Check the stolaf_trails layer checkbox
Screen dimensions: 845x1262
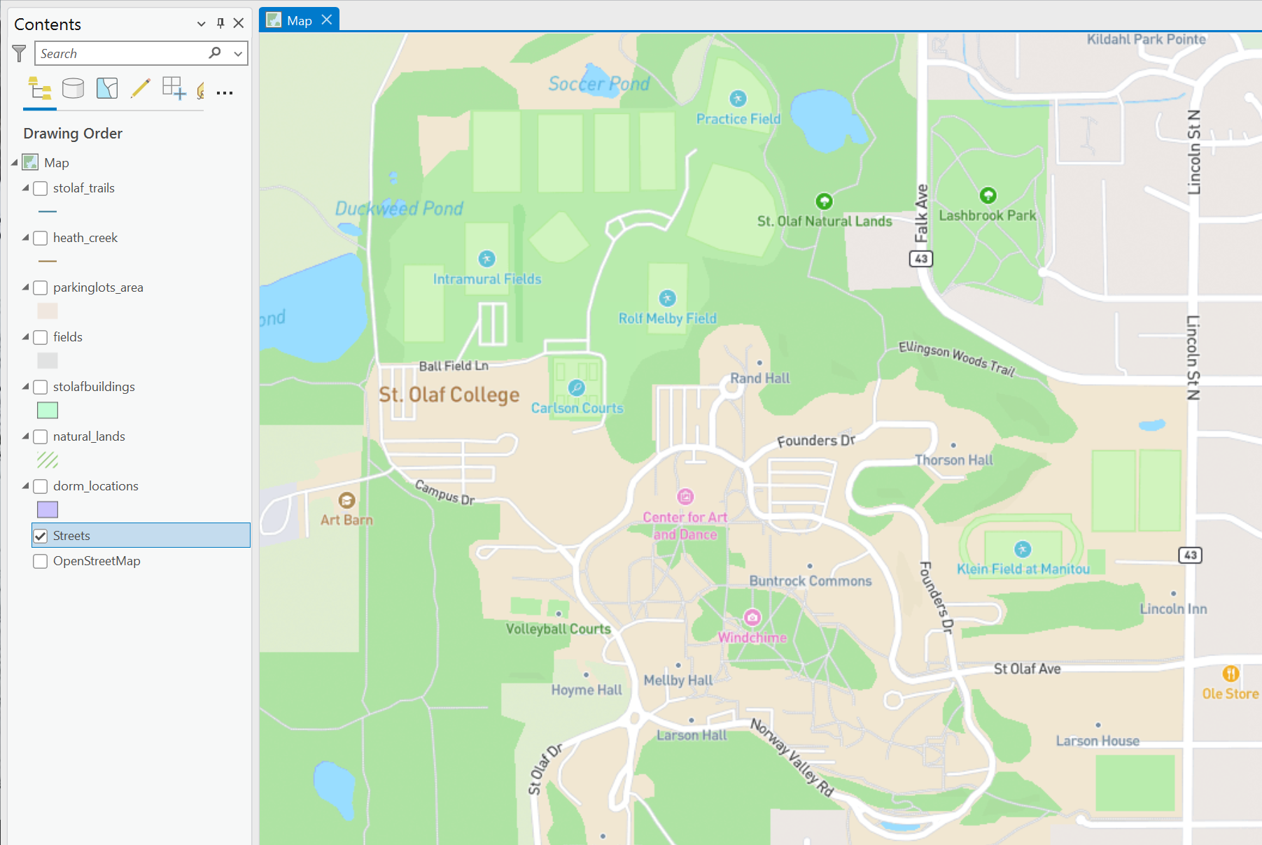tap(41, 188)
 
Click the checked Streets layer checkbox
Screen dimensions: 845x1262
tap(41, 536)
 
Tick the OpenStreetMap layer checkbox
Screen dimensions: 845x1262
tap(41, 561)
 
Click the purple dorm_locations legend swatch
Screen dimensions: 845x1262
tap(48, 510)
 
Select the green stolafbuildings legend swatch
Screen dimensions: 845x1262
tap(48, 411)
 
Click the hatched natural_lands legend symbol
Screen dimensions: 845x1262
tap(48, 460)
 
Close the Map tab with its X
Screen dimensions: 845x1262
tap(327, 20)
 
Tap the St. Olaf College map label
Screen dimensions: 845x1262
tap(449, 395)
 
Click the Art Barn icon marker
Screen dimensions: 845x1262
tap(346, 501)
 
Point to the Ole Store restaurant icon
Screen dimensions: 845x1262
tap(1231, 674)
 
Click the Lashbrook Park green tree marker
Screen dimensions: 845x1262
tap(988, 195)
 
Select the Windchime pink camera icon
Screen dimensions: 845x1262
tap(752, 618)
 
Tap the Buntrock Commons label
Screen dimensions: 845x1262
tap(811, 581)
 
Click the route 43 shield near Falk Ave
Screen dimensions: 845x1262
tap(921, 259)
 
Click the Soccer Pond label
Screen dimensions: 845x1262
tap(598, 85)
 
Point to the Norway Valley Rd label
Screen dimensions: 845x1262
tap(792, 758)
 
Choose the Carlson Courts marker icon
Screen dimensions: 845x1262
tap(577, 388)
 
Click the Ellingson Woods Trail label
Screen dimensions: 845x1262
tap(956, 358)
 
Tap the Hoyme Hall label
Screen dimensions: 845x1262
tap(587, 690)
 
